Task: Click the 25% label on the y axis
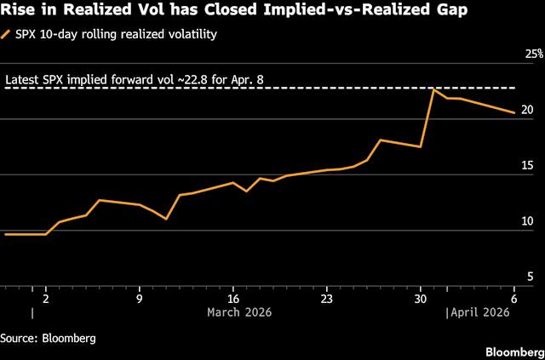[x=533, y=54]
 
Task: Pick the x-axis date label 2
[x=46, y=299]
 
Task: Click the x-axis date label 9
[x=140, y=299]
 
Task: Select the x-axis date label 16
[x=232, y=299]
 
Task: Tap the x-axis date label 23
[x=326, y=299]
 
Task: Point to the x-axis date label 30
[x=419, y=299]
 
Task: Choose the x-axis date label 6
[x=513, y=299]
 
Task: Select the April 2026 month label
[x=479, y=313]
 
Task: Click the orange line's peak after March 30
[x=433, y=89]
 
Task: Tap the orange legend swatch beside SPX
[x=8, y=35]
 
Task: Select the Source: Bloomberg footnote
[x=48, y=337]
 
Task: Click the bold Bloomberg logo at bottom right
[x=513, y=351]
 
